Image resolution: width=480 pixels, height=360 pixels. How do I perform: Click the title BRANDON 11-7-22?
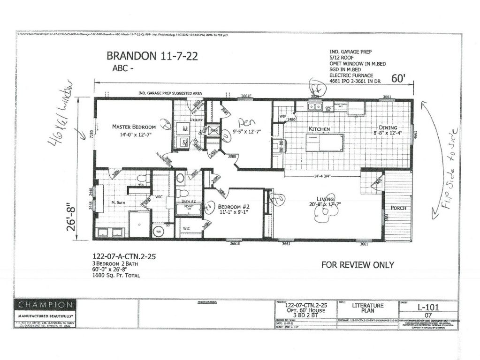tap(152, 56)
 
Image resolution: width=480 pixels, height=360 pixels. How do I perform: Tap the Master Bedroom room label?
tap(133, 127)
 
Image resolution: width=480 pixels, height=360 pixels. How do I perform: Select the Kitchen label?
tap(319, 128)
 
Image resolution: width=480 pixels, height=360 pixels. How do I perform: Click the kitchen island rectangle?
tap(324, 142)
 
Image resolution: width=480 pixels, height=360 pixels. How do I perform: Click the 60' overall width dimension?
tap(397, 79)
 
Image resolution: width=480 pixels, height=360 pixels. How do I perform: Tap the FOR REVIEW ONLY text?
tap(358, 265)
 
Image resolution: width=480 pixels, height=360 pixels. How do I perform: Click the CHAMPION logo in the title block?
tap(45, 305)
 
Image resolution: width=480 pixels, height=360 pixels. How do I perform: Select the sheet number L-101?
tap(428, 308)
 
